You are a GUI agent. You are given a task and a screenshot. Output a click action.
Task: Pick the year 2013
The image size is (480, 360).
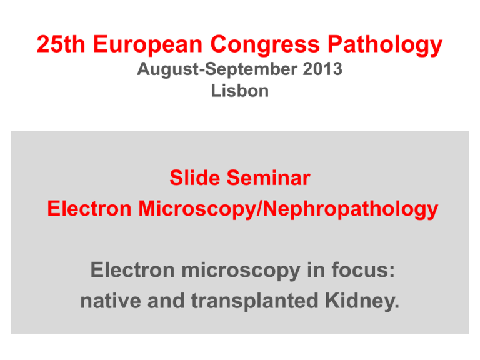pos(317,69)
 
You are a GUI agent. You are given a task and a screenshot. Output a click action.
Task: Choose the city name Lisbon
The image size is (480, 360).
pos(239,91)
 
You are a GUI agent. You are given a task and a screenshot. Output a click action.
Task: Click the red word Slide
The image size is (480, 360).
pos(193,179)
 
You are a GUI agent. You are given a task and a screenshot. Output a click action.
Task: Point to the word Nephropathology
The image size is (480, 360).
pos(345,209)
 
